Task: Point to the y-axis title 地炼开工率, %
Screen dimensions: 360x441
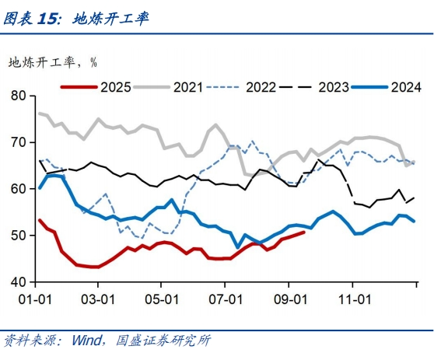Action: [52, 61]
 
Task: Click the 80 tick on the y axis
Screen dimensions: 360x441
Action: [19, 96]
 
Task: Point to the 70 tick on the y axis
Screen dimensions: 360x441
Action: [19, 142]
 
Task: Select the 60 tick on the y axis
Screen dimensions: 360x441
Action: [19, 189]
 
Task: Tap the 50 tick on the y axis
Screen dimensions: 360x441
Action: [19, 235]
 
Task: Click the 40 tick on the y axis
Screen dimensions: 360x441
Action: [19, 281]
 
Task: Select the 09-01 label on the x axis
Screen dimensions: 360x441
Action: [289, 298]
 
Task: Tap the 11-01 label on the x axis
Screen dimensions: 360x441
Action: [353, 298]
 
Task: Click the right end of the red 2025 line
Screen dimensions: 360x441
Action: [304, 232]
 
